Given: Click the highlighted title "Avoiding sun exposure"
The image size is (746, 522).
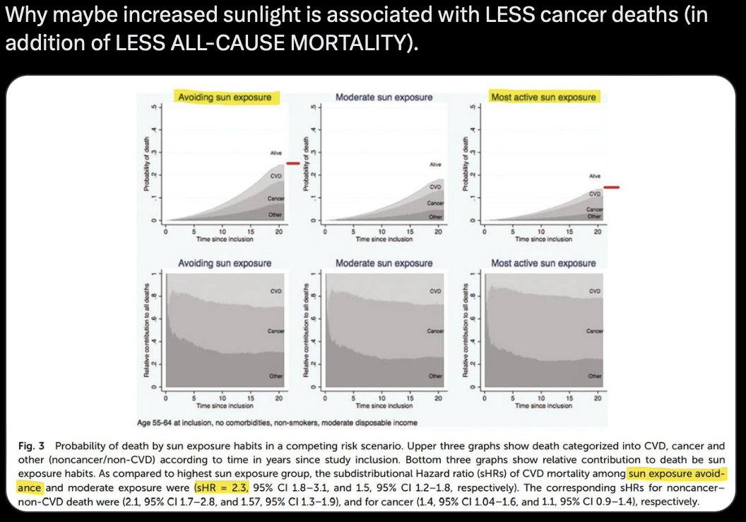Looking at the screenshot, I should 224,97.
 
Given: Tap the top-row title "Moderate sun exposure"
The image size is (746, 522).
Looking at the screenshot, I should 384,97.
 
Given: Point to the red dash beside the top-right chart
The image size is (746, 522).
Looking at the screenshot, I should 611,187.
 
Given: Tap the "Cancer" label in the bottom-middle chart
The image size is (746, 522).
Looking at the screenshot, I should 435,331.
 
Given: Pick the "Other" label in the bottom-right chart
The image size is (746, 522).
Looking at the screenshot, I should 596,377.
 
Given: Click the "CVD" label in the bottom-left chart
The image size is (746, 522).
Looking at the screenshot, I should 276,291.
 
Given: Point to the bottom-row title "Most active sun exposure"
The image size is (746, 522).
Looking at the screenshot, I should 543,263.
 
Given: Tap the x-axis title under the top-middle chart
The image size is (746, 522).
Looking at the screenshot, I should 384,239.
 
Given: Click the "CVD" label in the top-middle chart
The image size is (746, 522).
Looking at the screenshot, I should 436,187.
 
